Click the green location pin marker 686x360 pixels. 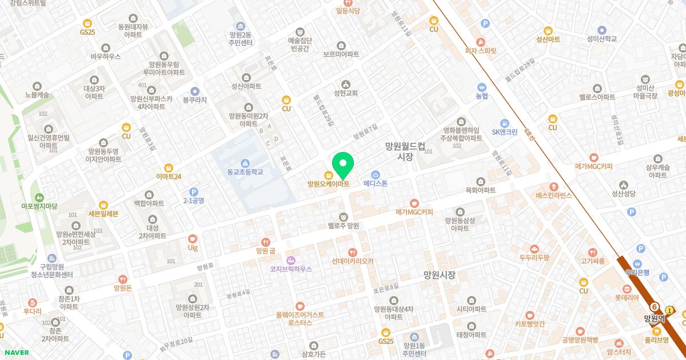(342, 165)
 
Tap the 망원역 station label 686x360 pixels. (655, 319)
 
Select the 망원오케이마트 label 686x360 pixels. (328, 184)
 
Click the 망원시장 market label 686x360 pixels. (439, 275)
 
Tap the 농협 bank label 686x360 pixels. (482, 96)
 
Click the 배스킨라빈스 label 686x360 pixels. (553, 195)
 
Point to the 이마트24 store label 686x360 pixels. (169, 176)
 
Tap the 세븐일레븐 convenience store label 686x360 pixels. (103, 213)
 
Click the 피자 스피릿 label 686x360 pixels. (480, 50)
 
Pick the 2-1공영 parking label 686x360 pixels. (193, 201)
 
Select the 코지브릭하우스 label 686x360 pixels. (291, 269)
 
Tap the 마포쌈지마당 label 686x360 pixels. (39, 205)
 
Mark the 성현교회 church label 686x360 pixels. (345, 93)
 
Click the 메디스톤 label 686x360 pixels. (376, 183)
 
